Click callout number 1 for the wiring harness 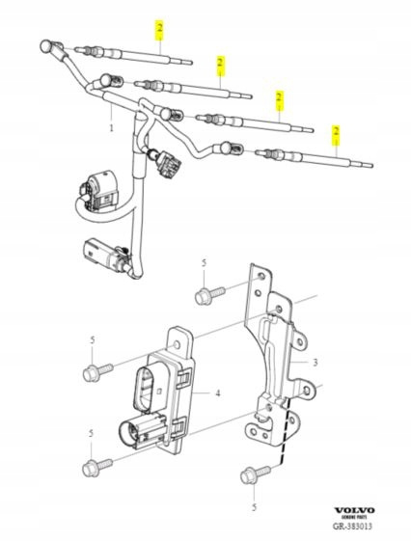pyautogui.click(x=111, y=128)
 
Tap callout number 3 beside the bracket pyautogui.click(x=315, y=363)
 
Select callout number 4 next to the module pyautogui.click(x=218, y=393)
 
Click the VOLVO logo pyautogui.click(x=354, y=510)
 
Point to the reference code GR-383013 pyautogui.click(x=353, y=527)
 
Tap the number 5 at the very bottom pyautogui.click(x=254, y=507)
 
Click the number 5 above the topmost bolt pyautogui.click(x=204, y=262)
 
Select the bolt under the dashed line pyautogui.click(x=255, y=475)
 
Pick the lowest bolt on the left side pyautogui.click(x=96, y=467)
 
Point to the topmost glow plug pyautogui.click(x=133, y=55)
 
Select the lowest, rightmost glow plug pyautogui.click(x=314, y=158)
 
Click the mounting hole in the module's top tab pyautogui.click(x=177, y=344)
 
